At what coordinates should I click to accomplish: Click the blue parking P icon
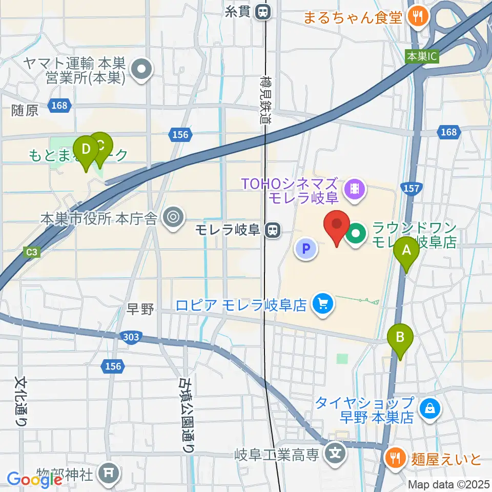click(306, 250)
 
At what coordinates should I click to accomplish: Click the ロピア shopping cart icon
click(323, 305)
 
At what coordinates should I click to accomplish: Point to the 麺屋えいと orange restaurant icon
click(395, 457)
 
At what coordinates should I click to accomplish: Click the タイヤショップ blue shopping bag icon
click(427, 408)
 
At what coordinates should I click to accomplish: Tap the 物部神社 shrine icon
click(109, 471)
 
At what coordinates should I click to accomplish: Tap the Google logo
click(34, 480)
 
